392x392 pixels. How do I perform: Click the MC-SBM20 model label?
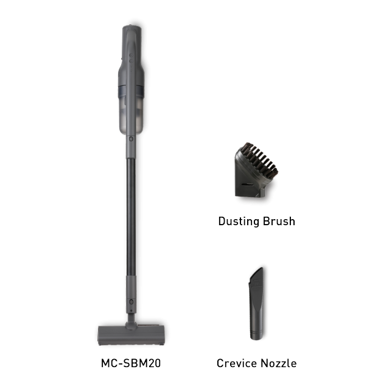[131, 363]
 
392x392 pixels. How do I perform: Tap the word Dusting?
[239, 222]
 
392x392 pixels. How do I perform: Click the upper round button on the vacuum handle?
[131, 55]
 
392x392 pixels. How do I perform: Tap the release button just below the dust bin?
[131, 139]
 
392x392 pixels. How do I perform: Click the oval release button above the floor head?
[131, 302]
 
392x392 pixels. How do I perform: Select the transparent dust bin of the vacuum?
[131, 115]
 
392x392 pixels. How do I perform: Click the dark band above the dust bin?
[131, 91]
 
